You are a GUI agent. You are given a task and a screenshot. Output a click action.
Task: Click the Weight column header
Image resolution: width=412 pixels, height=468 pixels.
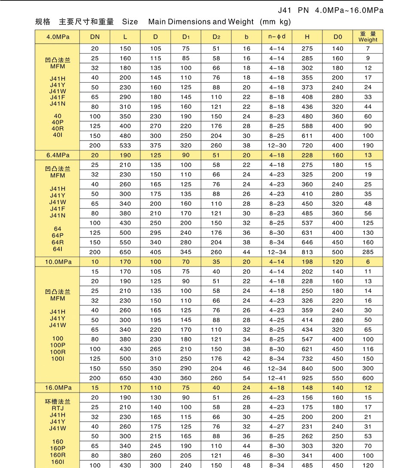click(x=368, y=36)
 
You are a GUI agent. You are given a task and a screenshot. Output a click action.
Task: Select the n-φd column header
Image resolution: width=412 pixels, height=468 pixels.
click(x=277, y=37)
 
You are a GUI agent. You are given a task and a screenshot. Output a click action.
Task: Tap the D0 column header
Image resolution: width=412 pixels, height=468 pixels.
click(x=338, y=37)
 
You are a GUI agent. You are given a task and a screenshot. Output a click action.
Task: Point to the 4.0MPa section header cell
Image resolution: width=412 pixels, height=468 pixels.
click(x=58, y=37)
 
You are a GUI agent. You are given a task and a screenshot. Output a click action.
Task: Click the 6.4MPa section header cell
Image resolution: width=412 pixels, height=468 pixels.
click(x=58, y=155)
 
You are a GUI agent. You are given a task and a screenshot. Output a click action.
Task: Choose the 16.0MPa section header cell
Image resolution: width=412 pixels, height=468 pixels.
click(x=58, y=388)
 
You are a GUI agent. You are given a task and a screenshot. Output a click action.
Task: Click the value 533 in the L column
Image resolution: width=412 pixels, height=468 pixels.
click(x=125, y=146)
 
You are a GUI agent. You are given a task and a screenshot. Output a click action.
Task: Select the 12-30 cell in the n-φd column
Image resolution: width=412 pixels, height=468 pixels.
click(x=277, y=146)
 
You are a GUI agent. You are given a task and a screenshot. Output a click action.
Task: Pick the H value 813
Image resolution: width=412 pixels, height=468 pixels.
click(x=307, y=252)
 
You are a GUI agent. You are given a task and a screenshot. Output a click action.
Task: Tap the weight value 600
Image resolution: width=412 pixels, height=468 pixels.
click(x=368, y=378)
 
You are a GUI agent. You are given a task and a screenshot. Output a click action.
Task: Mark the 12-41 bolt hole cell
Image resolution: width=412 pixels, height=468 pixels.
click(x=277, y=378)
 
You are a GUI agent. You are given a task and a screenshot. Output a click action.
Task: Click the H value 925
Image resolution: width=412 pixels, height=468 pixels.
click(x=307, y=378)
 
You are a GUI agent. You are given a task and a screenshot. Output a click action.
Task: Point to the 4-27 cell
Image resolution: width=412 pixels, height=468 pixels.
click(x=277, y=427)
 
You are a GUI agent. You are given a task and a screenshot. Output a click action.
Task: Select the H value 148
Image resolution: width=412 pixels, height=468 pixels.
click(x=307, y=388)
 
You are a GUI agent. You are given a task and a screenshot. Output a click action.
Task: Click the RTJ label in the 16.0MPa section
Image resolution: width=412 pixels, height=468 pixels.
click(x=58, y=408)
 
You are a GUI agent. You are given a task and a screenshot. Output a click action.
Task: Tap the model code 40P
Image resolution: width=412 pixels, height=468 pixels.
click(x=58, y=122)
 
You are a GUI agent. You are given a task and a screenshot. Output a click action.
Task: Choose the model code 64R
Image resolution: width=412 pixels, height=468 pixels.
click(x=58, y=242)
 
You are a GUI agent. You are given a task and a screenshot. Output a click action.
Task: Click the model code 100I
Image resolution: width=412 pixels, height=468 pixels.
click(x=58, y=358)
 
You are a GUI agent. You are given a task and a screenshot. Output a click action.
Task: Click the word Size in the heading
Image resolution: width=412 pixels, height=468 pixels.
click(x=130, y=22)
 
